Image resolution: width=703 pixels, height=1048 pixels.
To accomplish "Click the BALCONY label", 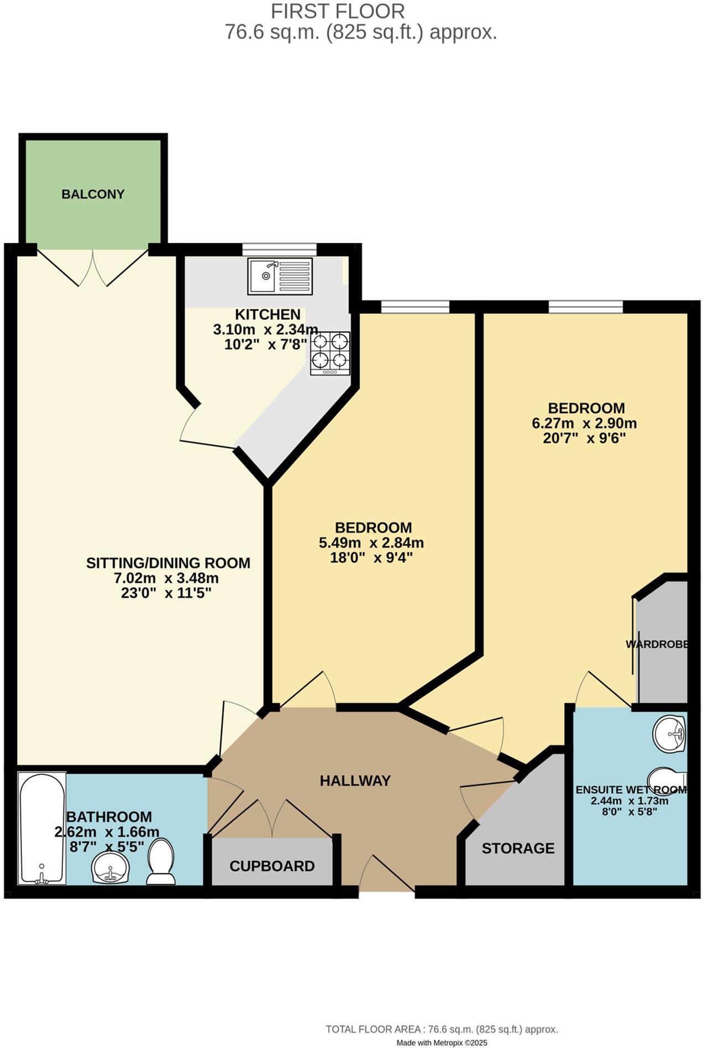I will (x=93, y=194).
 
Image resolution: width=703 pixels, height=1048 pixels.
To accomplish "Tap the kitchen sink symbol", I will (x=280, y=275).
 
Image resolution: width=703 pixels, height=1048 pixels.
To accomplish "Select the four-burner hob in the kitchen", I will (x=330, y=353).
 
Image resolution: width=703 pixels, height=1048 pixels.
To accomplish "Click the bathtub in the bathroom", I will (x=41, y=827).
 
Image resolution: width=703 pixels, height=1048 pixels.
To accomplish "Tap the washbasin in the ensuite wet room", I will (x=670, y=733).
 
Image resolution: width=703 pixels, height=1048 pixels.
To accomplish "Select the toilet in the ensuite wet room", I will (x=668, y=780).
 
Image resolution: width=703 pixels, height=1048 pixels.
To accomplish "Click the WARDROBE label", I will (x=657, y=644).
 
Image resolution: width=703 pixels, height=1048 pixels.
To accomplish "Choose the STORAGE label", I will (x=518, y=848).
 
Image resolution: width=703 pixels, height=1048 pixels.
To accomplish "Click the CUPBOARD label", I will (x=272, y=866).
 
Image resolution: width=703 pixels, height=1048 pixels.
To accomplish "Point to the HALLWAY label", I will (x=355, y=780).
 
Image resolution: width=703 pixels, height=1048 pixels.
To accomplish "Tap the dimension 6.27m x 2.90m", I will (x=584, y=423).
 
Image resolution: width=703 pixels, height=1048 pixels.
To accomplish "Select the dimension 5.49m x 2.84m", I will (x=371, y=542).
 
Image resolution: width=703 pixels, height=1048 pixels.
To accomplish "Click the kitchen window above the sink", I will (x=279, y=249).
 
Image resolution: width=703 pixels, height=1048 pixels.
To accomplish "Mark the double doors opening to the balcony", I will (x=93, y=268).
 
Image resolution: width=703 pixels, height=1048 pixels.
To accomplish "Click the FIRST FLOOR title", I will (x=338, y=11).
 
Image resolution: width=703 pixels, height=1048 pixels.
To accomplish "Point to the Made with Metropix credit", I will (x=442, y=1042).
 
